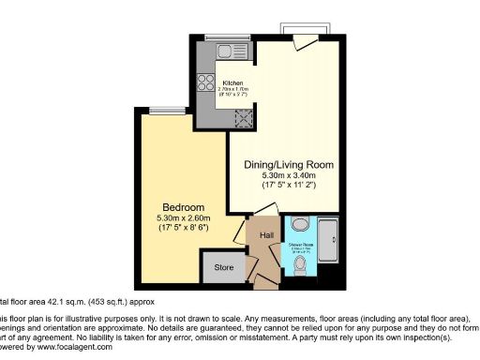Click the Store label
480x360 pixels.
(x=222, y=268)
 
